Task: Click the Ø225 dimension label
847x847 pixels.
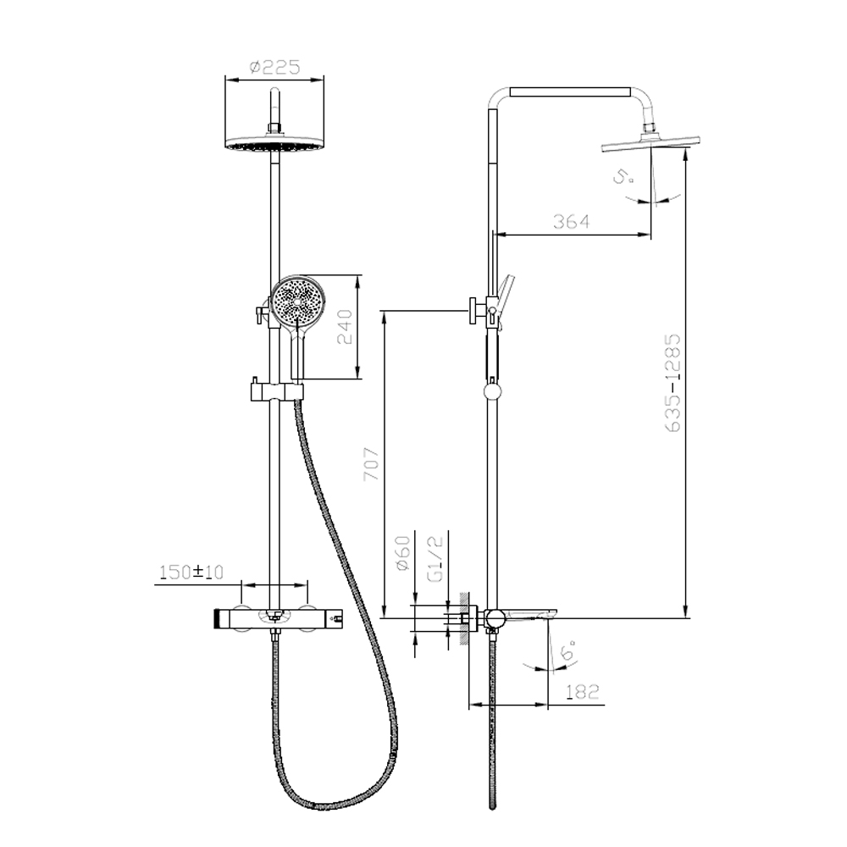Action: [274, 68]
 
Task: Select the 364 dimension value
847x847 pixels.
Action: [571, 221]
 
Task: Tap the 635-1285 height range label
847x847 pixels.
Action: [673, 383]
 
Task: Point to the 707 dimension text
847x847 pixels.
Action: [372, 464]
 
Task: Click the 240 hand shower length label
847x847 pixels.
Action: [345, 327]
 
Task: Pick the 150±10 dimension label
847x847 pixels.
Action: [191, 572]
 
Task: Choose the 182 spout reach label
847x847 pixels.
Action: [583, 691]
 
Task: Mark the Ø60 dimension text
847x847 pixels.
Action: [403, 552]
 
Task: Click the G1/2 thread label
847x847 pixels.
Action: [435, 559]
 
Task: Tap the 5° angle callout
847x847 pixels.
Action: [623, 177]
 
